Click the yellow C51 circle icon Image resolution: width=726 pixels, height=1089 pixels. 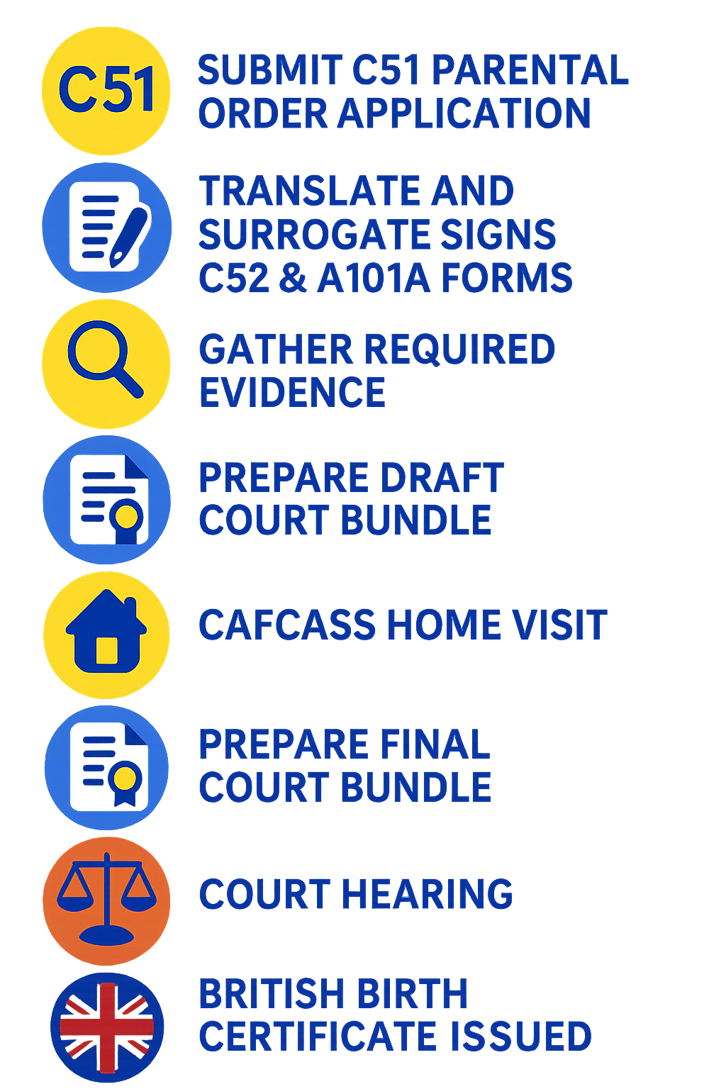tap(106, 90)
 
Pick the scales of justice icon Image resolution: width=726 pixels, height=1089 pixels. tap(106, 900)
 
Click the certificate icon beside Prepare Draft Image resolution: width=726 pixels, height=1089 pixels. tap(106, 500)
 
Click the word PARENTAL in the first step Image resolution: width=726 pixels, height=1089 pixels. tap(528, 70)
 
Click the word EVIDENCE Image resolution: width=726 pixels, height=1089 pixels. tap(291, 392)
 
